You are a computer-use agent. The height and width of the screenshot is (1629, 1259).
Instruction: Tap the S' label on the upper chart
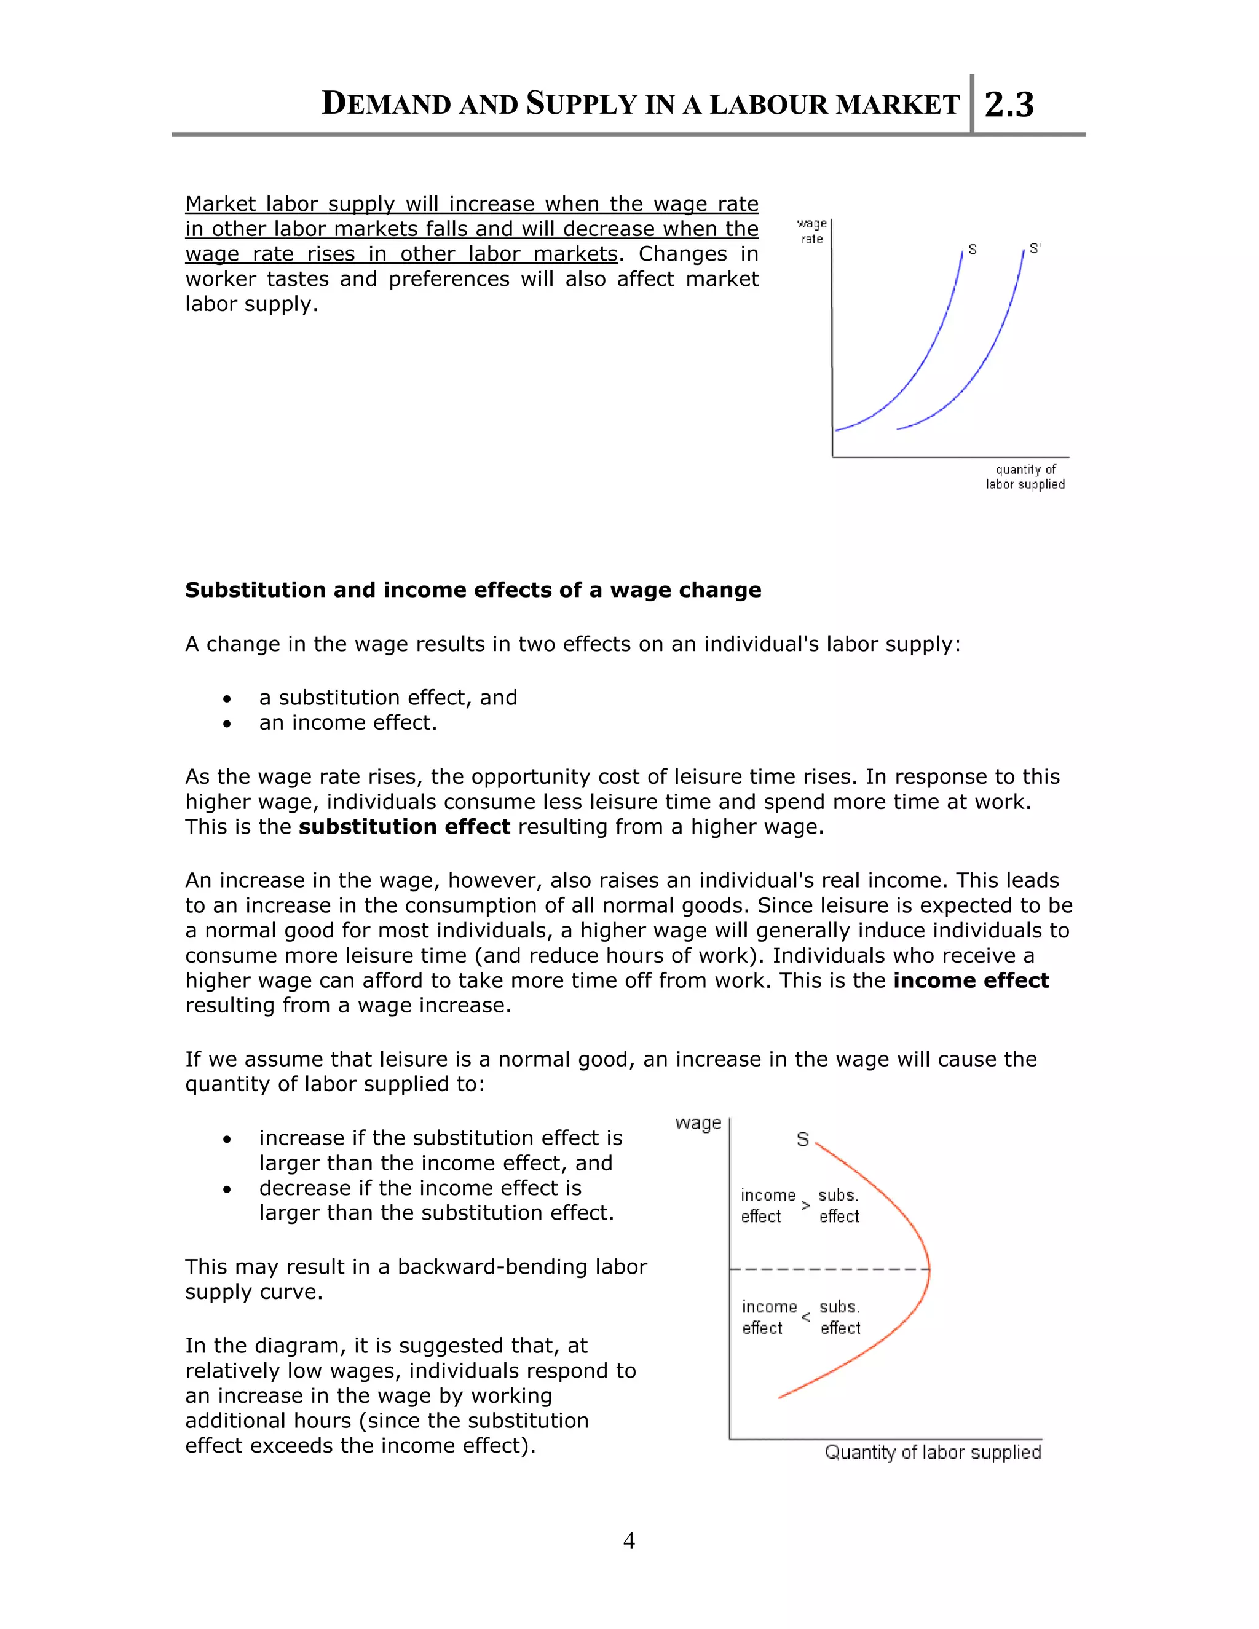(x=1035, y=248)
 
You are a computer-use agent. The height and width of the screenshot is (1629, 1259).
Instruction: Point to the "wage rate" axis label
(x=811, y=231)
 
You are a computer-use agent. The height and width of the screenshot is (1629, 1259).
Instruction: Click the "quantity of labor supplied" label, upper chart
(x=1025, y=476)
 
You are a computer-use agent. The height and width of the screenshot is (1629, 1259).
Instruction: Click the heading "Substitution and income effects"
(x=473, y=590)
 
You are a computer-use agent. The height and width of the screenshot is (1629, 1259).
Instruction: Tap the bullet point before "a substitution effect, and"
(x=227, y=699)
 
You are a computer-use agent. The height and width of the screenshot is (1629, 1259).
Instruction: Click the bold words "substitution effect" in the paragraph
(x=405, y=827)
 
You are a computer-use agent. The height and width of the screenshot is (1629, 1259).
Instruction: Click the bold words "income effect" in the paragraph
(x=970, y=981)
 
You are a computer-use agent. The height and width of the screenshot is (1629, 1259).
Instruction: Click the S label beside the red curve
(x=802, y=1140)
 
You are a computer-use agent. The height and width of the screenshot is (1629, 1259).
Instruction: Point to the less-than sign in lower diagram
(x=805, y=1318)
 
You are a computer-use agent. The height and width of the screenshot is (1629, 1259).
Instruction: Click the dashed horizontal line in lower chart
(x=828, y=1269)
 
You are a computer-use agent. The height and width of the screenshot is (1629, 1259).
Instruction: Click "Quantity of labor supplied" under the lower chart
(x=933, y=1452)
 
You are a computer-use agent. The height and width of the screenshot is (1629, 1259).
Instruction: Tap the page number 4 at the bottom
(x=629, y=1540)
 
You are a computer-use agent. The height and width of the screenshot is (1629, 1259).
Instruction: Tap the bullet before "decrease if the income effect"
(x=227, y=1189)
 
